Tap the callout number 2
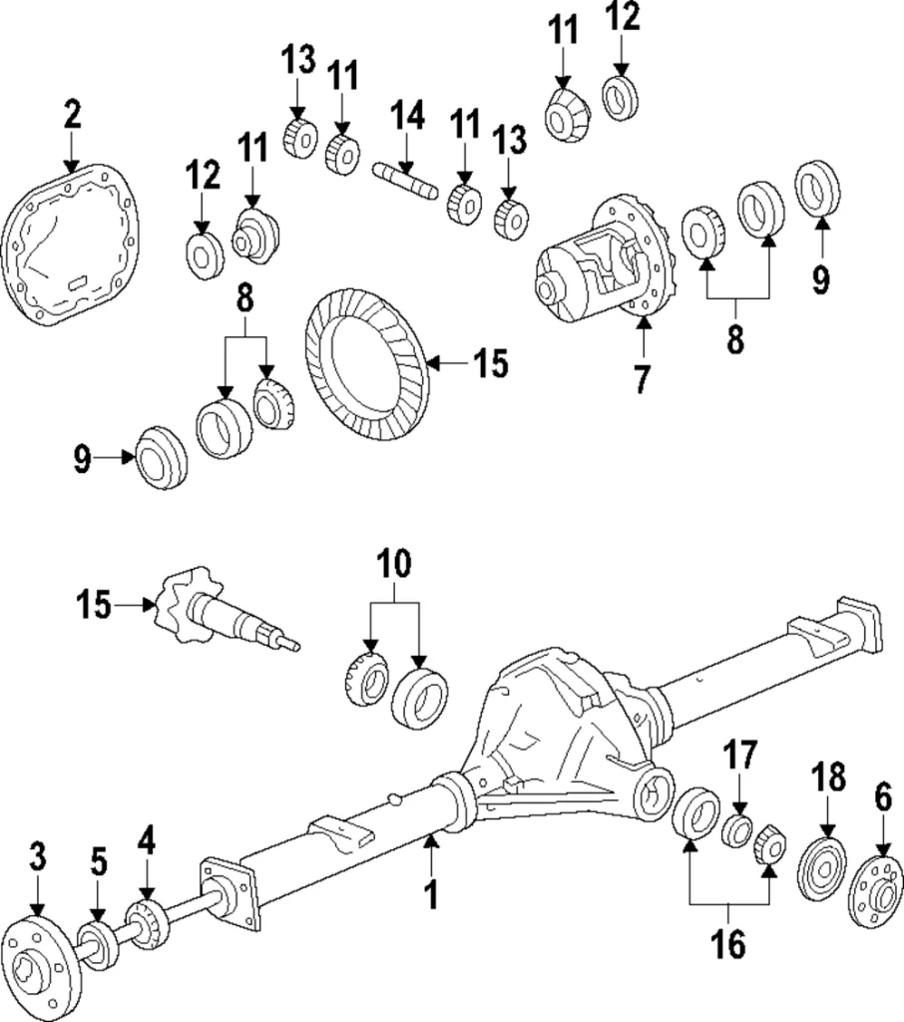(71, 114)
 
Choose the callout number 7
(642, 378)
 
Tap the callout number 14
(406, 116)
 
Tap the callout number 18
(827, 776)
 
